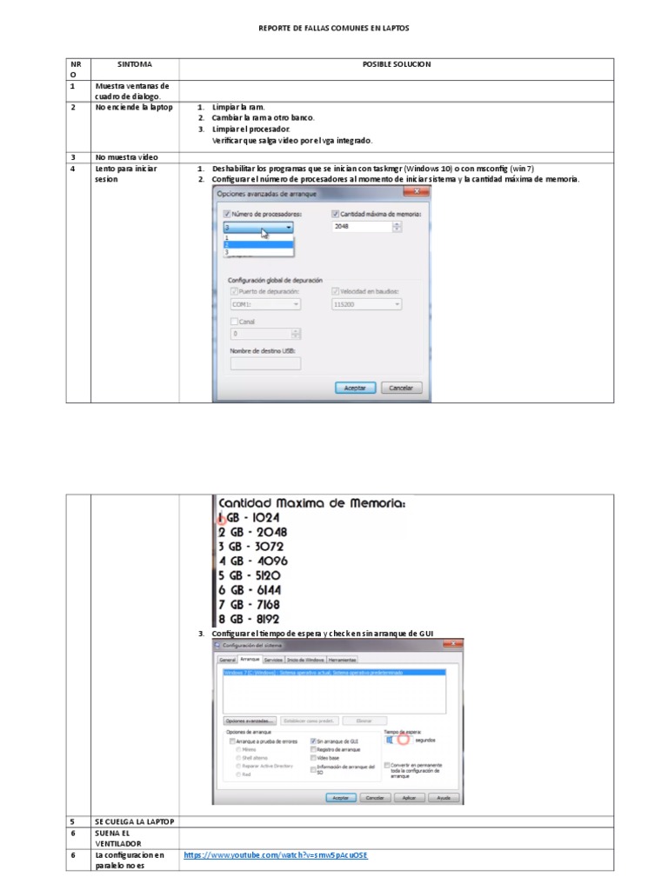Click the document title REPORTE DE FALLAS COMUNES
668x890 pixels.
click(334, 29)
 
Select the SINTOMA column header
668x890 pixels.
click(135, 64)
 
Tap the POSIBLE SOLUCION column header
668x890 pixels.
click(397, 64)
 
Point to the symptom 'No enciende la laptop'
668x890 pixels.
click(134, 107)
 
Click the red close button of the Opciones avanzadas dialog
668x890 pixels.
click(421, 190)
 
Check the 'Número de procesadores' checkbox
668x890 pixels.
click(228, 214)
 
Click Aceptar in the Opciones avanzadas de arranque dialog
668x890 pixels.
click(355, 388)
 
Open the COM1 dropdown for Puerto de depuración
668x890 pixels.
click(265, 305)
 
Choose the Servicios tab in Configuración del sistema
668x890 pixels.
click(273, 660)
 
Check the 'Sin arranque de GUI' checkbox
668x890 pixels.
click(314, 741)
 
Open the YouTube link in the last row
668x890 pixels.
click(276, 855)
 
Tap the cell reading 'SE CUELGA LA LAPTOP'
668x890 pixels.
click(134, 821)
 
